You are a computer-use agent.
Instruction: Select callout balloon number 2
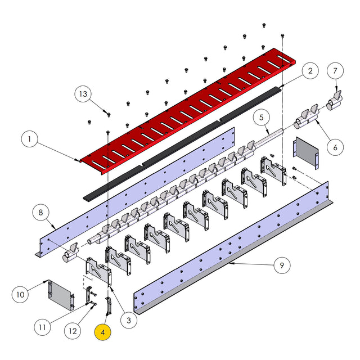pos(309,71)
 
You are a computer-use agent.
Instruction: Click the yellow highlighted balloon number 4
pos(103,332)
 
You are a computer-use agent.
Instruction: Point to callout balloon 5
pos(260,118)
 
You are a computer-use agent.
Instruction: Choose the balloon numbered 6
pos(335,147)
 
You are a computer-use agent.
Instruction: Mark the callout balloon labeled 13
pos(84,94)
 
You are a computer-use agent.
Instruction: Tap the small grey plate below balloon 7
pos(307,153)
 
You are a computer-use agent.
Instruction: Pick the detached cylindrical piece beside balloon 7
pos(335,102)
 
